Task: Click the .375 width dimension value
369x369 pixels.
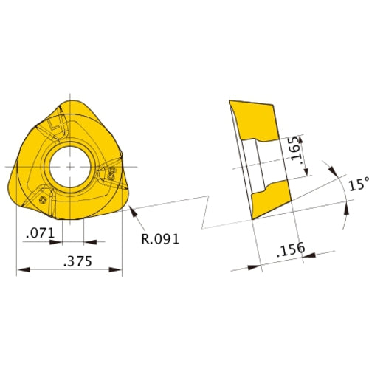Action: tap(69, 261)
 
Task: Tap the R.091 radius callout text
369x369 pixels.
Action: tap(159, 238)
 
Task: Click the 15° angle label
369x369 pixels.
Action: tap(358, 185)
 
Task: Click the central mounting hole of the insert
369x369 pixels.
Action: tap(69, 166)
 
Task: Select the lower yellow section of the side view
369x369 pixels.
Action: tap(270, 200)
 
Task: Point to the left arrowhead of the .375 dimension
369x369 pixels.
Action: tap(21, 271)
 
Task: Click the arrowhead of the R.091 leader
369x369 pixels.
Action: tap(132, 211)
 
